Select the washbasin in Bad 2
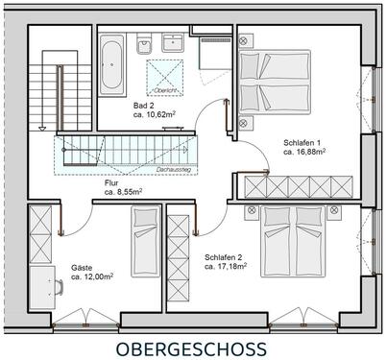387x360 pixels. [174, 44]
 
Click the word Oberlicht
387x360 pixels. [163, 89]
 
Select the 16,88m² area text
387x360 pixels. [309, 151]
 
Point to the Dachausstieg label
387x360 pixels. [171, 168]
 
